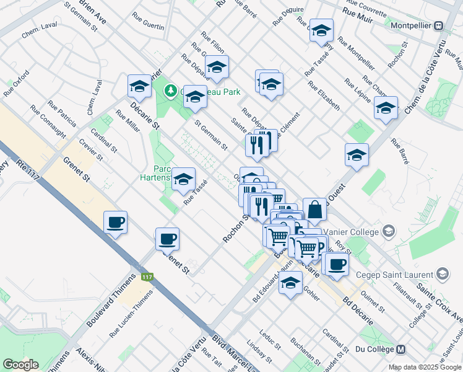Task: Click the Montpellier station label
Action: (411, 27)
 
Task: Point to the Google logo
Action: (20, 364)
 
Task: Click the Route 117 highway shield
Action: (147, 277)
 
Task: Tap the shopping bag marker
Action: (315, 210)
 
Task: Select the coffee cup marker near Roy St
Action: (337, 263)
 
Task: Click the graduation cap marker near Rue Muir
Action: (321, 29)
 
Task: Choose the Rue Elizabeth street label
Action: (322, 94)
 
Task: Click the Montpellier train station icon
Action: (439, 26)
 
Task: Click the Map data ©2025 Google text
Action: (424, 367)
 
